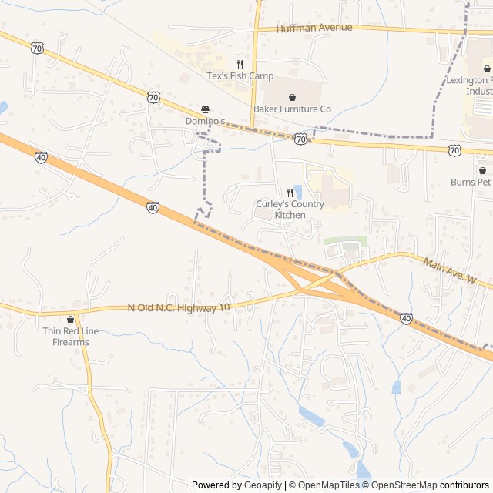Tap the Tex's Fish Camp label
[240, 76]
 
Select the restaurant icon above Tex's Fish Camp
[240, 65]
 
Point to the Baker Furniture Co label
[293, 109]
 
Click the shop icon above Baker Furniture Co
[293, 97]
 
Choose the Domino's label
[204, 122]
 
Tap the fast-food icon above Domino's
[205, 109]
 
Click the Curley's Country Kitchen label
[290, 210]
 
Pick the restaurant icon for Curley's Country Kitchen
[290, 193]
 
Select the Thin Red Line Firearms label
[71, 337]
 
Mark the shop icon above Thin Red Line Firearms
[71, 320]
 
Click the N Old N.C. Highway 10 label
[179, 308]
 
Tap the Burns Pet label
[471, 183]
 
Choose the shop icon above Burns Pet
[483, 170]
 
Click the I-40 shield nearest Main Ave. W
[406, 317]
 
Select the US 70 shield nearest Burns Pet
[454, 150]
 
